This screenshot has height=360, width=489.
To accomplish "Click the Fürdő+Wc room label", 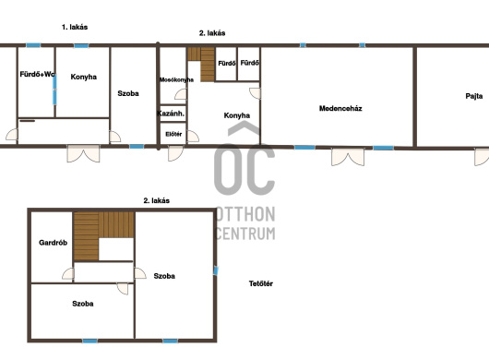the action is coord(38,74).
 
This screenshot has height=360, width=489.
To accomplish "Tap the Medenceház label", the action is coord(340,108).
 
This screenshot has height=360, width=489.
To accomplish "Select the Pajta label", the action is coord(474,96).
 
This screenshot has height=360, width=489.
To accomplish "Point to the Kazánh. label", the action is coord(171,114).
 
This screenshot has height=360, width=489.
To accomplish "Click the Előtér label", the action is coord(173,134).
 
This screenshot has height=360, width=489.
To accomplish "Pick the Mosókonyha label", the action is coord(176,80).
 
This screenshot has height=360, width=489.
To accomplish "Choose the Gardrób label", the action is coord(53,243).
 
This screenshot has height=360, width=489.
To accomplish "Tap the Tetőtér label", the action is coord(261,283).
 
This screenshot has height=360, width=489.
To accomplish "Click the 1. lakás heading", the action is coord(75,27).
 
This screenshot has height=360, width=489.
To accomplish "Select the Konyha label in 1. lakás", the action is coord(84,77).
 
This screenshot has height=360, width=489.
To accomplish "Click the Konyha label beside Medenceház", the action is coord(237,115).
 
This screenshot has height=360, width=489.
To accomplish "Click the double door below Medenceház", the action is coord(348,157).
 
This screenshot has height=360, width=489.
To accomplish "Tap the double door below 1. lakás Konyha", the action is coord(83,153).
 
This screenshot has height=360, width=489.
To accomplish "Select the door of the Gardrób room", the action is coord(68,273).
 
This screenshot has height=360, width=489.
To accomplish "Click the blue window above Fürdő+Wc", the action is coord(33,45).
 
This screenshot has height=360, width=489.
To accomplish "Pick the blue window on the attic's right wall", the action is coord(216,270).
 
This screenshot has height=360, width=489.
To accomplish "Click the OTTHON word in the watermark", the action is coord(245,214).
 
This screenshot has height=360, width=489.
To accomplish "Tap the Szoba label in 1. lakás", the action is coord(128,93).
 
